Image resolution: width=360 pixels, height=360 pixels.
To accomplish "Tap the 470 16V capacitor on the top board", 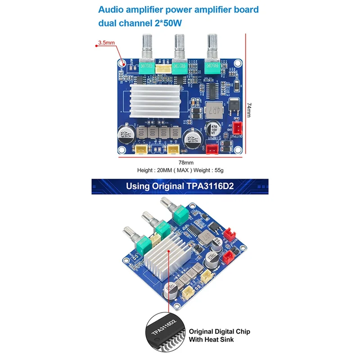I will point(212,128).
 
